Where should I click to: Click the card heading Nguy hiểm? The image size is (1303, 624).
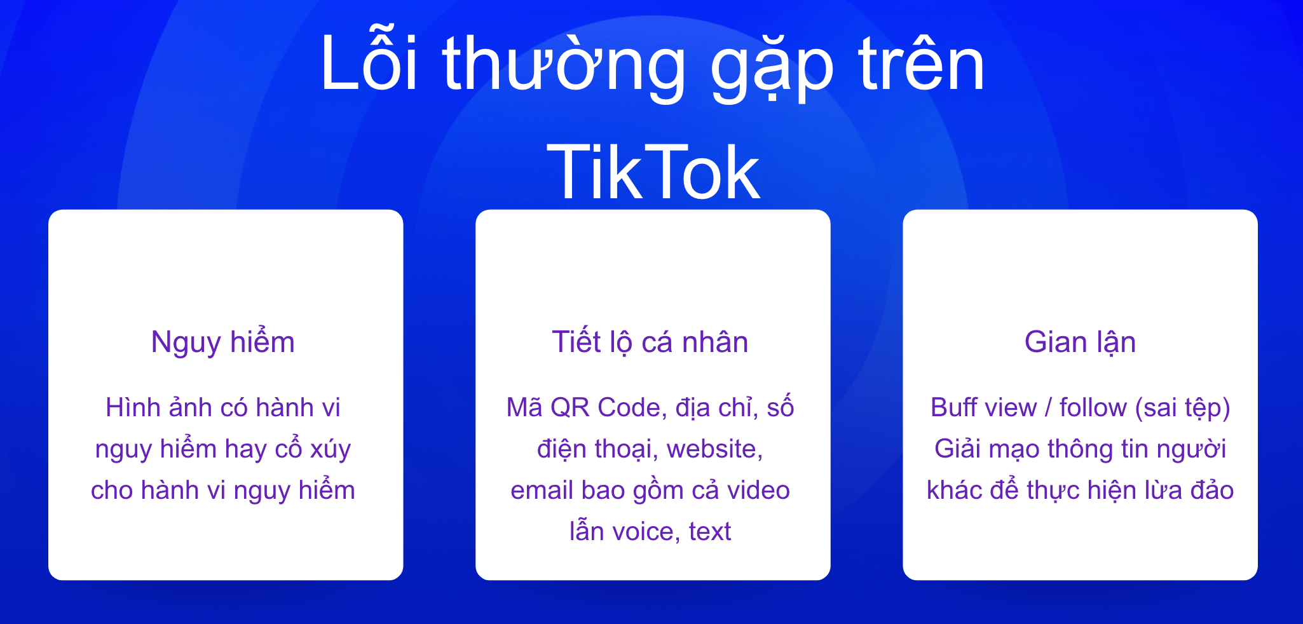pos(223,343)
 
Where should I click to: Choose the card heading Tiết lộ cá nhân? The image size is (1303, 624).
pos(650,343)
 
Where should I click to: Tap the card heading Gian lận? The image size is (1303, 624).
pos(1080,343)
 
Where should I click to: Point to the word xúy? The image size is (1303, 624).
pos(331,449)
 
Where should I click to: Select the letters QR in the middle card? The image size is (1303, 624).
pos(570,407)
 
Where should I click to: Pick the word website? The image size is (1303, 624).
pos(715,449)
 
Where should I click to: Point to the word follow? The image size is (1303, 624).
pos(1093,407)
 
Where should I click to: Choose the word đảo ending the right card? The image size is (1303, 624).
pos(1212,490)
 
